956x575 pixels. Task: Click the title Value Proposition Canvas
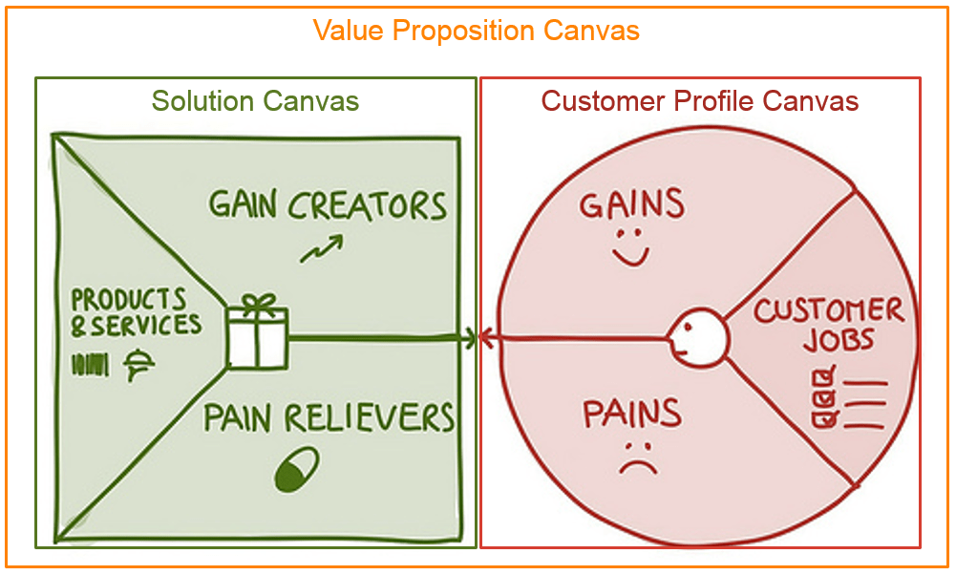(476, 31)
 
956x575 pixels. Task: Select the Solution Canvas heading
(255, 101)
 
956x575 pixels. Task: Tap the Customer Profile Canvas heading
(699, 101)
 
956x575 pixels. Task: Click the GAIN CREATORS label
(328, 205)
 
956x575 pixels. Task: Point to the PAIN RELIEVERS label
(329, 418)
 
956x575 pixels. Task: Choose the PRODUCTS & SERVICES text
(136, 311)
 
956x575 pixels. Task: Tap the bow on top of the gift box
(256, 304)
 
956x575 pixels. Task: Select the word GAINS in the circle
(632, 203)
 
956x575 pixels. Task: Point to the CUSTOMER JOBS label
(827, 325)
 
